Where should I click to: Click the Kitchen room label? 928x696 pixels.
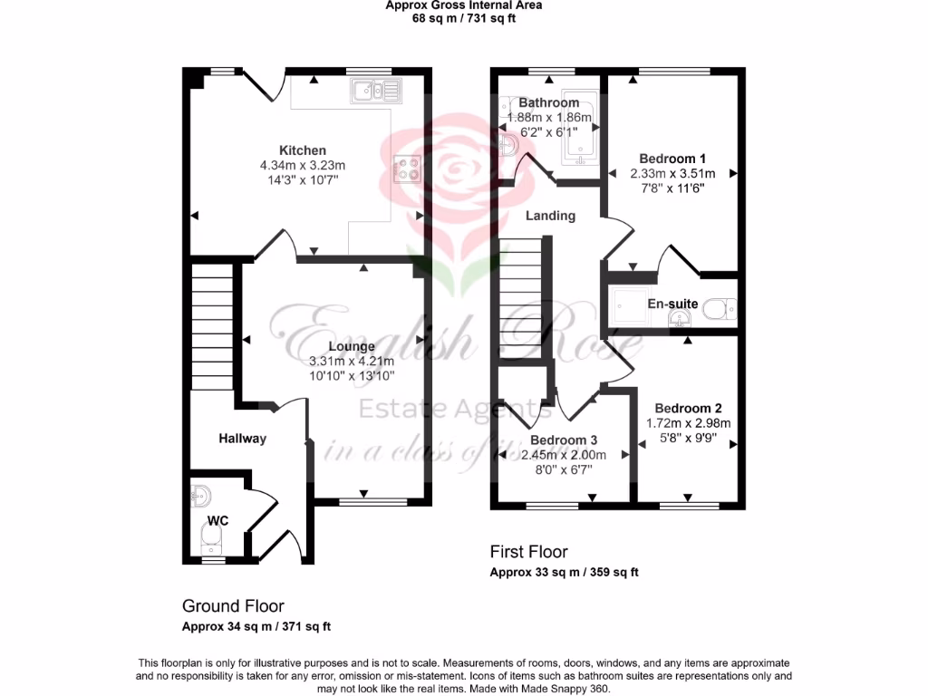[x=303, y=150]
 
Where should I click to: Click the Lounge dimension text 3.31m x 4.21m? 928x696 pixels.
[x=352, y=361]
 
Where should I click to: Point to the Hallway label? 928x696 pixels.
[x=243, y=439]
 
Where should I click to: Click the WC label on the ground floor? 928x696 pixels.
[x=217, y=520]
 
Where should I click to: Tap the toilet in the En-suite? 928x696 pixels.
[x=720, y=310]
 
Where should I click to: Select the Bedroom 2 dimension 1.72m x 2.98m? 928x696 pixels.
[x=688, y=423]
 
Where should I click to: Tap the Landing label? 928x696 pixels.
[x=551, y=216]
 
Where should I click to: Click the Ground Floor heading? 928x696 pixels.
[x=233, y=606]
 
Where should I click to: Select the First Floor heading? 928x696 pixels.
[x=528, y=552]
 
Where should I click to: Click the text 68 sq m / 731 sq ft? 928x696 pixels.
[x=463, y=18]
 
